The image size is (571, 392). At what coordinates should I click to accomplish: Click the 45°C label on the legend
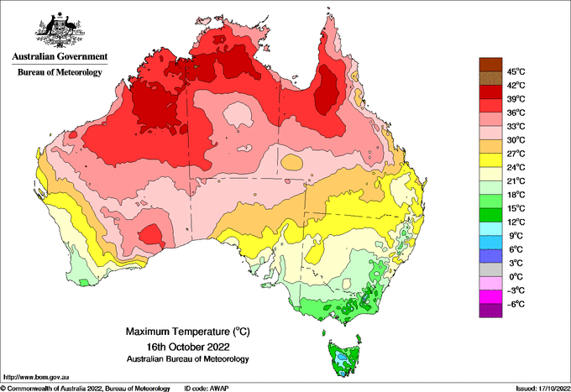[516, 71]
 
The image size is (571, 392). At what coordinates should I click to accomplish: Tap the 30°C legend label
[516, 140]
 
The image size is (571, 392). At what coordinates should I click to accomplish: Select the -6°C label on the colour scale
[516, 304]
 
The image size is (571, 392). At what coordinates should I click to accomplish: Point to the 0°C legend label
[516, 277]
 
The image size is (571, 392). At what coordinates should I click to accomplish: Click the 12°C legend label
[516, 222]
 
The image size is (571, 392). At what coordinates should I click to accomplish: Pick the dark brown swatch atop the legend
[490, 65]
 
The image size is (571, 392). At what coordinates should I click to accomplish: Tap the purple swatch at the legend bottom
[490, 311]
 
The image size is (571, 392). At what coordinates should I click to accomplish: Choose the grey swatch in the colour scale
[490, 269]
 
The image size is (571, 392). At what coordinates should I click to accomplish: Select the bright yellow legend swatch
[490, 160]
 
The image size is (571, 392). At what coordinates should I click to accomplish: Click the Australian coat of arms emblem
[60, 30]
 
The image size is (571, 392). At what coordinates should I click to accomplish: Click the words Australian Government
[60, 56]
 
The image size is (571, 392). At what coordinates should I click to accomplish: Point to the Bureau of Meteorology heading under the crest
[60, 72]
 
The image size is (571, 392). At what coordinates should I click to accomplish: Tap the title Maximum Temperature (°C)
[188, 332]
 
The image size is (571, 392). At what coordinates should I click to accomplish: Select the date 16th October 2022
[188, 346]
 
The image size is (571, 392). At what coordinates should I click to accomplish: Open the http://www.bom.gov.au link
[36, 378]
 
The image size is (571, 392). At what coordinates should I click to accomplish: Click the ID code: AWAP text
[207, 389]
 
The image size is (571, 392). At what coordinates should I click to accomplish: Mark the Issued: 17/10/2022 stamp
[543, 389]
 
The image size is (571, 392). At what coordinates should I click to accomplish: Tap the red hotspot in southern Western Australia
[150, 235]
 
